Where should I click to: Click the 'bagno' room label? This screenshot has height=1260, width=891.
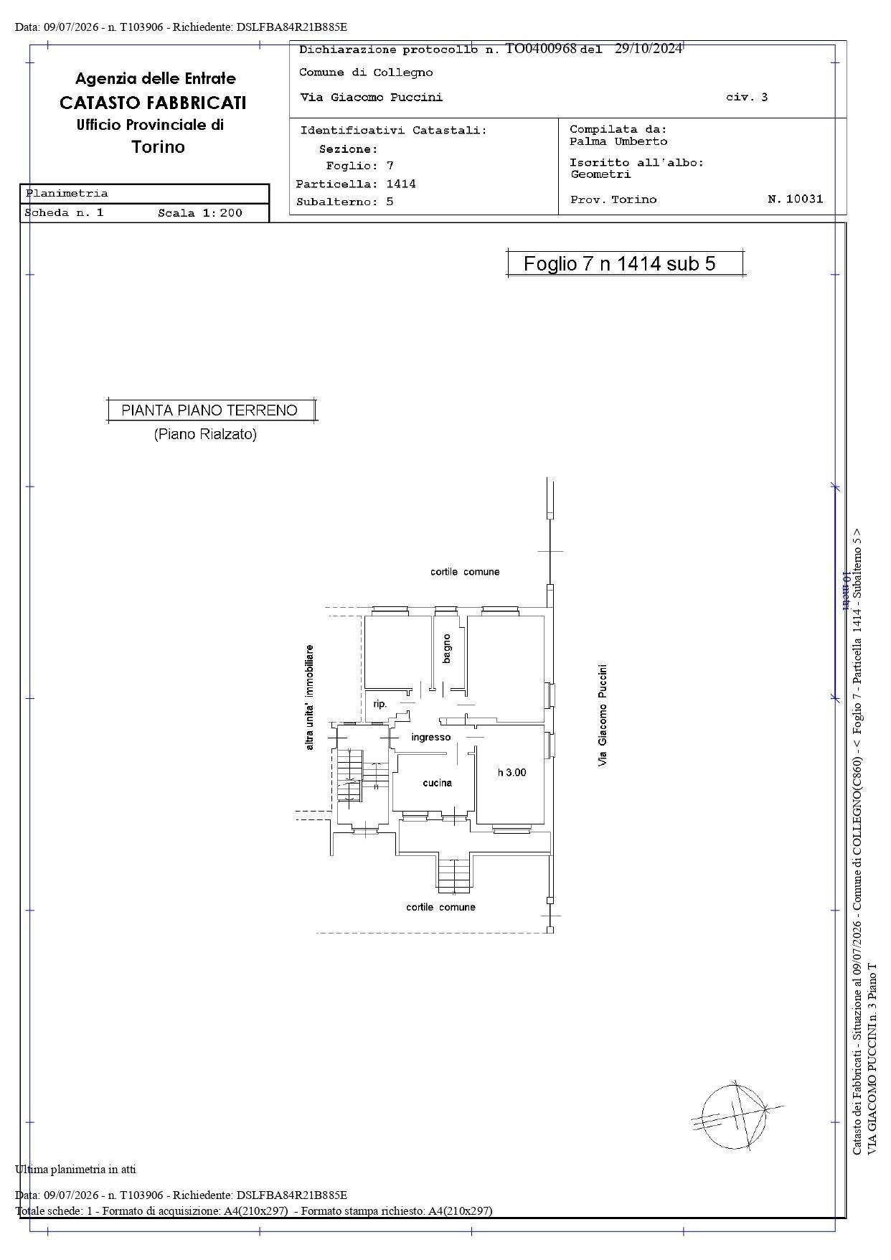click(447, 648)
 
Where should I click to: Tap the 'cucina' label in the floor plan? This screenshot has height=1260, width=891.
click(437, 783)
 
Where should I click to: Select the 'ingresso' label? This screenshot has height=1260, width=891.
click(431, 737)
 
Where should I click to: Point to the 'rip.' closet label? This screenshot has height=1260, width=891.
click(379, 704)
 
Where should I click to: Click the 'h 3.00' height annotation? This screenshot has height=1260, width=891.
click(512, 773)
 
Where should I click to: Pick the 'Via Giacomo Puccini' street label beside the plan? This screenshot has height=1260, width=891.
click(603, 715)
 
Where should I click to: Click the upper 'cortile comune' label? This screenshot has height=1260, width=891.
click(465, 572)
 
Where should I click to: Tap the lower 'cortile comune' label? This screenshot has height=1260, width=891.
click(440, 907)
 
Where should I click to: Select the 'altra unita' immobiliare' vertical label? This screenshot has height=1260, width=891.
click(309, 697)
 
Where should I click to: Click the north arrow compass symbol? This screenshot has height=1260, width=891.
click(735, 1116)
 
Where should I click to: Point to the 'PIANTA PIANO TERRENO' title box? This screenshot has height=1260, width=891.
click(211, 410)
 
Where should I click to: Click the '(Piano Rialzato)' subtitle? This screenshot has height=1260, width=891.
click(205, 434)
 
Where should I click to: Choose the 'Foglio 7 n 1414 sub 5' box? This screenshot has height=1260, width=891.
click(625, 263)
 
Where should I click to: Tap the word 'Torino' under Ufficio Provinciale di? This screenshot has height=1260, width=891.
click(159, 147)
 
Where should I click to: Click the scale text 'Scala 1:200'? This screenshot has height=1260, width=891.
click(200, 213)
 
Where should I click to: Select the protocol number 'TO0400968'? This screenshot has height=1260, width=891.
click(541, 49)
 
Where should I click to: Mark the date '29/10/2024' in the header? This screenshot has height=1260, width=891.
click(649, 49)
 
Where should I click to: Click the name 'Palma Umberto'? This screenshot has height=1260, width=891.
click(618, 141)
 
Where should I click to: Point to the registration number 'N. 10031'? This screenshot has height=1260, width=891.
click(796, 199)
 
